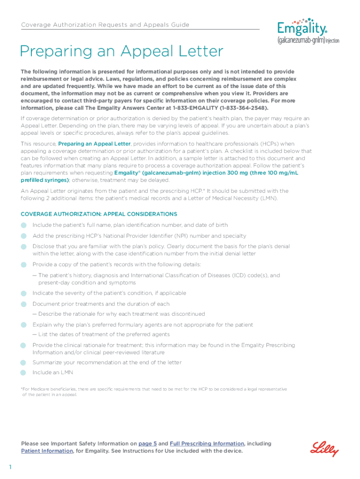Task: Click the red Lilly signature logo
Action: (324, 449)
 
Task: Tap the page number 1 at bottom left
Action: (9, 467)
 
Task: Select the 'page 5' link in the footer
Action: (148, 443)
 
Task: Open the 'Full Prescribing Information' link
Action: (207, 443)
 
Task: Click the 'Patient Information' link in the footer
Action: (47, 451)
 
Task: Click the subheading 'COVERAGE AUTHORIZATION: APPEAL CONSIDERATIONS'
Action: (99, 214)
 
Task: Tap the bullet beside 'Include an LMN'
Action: (23, 373)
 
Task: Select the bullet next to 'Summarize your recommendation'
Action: (23, 363)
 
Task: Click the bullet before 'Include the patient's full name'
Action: (23, 225)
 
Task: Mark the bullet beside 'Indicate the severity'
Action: (23, 293)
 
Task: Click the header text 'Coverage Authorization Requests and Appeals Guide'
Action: (105, 25)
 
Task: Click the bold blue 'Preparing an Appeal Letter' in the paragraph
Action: (94, 144)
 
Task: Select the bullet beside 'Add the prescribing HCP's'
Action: (23, 236)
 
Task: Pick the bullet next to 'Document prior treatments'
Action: (23, 304)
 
